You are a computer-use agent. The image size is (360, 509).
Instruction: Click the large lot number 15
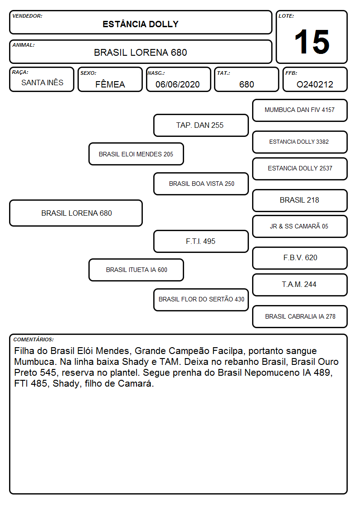point(312,42)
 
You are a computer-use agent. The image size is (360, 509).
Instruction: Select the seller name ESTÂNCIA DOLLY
point(141,24)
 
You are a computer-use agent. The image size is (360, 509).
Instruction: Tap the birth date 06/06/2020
point(178,84)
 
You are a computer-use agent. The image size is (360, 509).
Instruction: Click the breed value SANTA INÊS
point(42,82)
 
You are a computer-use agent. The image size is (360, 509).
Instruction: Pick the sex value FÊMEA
point(110,84)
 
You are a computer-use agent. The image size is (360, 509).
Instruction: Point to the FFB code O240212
point(315,84)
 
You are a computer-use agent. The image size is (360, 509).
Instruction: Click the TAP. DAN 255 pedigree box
point(201,125)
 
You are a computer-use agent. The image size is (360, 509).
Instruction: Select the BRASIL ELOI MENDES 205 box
point(136,154)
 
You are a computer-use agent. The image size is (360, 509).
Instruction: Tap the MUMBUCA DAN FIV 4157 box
point(300,111)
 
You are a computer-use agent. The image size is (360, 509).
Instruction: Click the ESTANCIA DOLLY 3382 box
point(300,142)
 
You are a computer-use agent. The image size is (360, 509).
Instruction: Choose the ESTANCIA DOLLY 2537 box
point(300,169)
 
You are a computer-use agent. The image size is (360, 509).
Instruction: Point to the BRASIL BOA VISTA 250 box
point(201,184)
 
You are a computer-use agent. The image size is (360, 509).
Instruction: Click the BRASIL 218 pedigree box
point(300,200)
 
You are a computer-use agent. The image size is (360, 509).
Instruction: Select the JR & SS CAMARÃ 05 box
point(300,226)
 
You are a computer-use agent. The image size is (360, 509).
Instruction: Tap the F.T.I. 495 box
point(201,241)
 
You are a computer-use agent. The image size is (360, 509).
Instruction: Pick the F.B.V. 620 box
point(300,258)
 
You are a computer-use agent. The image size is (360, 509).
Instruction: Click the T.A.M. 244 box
point(300,285)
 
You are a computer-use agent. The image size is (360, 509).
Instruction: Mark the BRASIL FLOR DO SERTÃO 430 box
point(201,300)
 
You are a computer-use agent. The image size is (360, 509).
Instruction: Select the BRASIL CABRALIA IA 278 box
point(300,316)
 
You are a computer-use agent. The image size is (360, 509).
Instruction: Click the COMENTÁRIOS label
point(34,339)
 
